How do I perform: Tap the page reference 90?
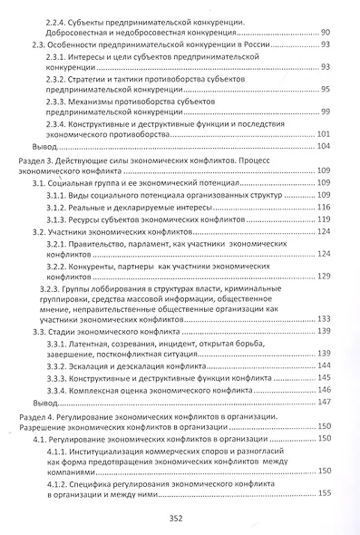click(326, 32)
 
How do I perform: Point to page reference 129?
click(324, 301)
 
